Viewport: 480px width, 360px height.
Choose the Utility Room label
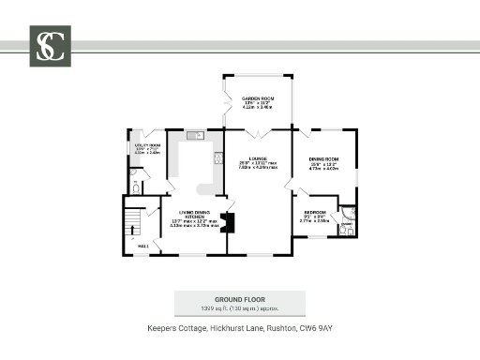tap(146, 146)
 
